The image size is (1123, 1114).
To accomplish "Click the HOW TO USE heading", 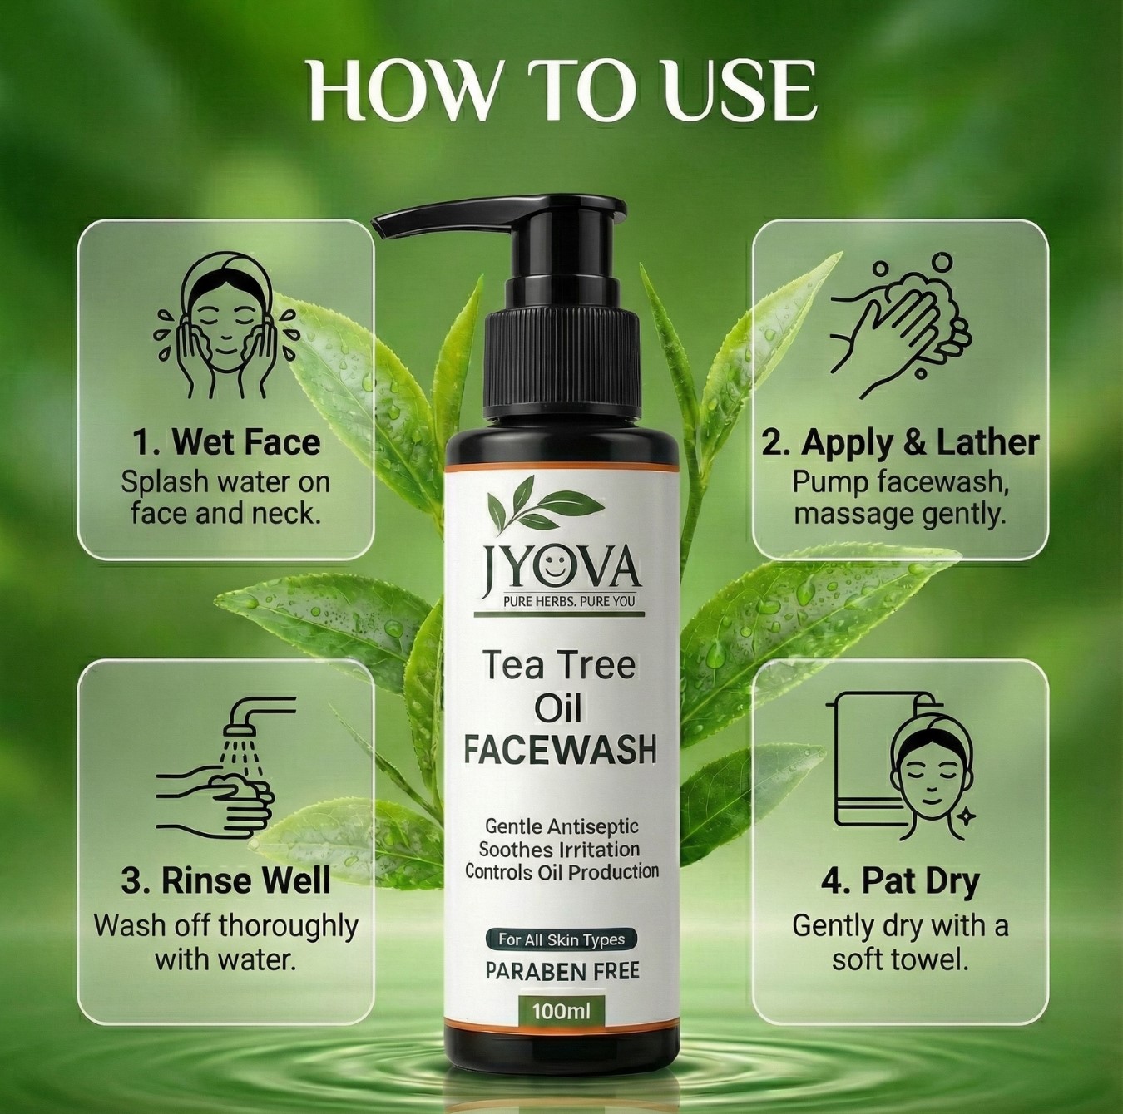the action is [x=561, y=92].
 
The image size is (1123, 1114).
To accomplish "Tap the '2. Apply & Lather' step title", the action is [x=901, y=443].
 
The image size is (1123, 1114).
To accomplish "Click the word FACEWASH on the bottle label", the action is [x=560, y=750].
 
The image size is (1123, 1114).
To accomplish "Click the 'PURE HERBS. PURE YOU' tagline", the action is [x=569, y=601].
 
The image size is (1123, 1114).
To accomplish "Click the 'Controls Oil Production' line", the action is [x=561, y=871].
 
